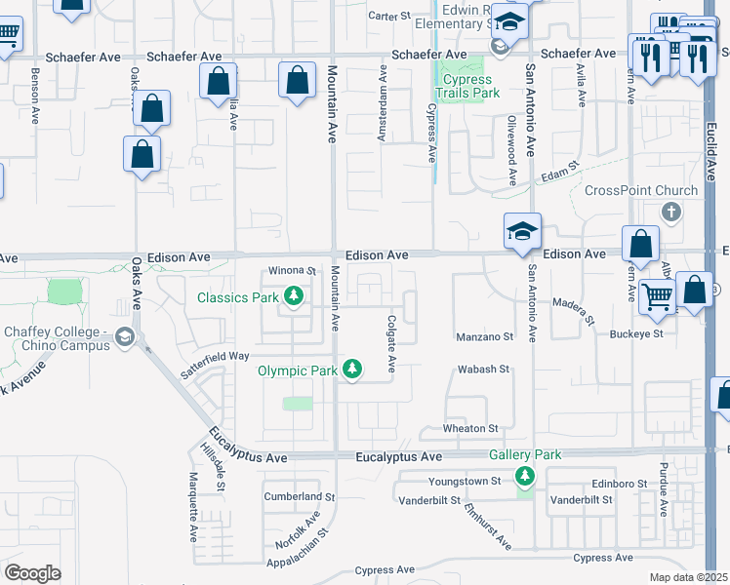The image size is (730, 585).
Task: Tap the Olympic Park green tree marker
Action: coord(352,370)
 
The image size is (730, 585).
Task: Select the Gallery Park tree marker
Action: coord(526,475)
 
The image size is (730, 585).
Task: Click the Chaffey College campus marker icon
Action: coord(124,337)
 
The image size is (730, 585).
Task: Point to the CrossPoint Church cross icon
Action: coord(670,212)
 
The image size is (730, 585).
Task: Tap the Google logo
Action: coord(32,573)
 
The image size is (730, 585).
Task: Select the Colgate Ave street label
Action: coord(391,343)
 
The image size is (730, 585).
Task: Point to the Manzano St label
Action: coord(485,337)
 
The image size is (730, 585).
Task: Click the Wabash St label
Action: coord(484,370)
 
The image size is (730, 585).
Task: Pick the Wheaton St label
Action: coord(472,428)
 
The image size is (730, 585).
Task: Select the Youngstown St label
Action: coord(465,481)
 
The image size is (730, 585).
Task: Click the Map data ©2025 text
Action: coord(689,577)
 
